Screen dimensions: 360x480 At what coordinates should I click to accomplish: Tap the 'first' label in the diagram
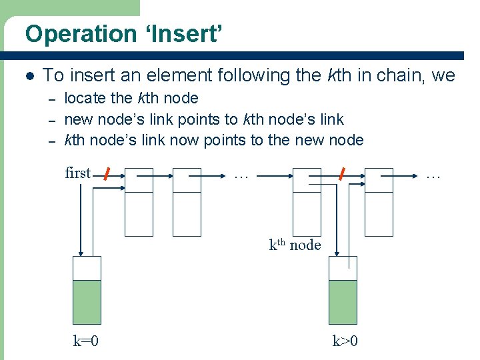click(x=77, y=173)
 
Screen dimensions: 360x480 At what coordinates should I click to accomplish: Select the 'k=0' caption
click(x=86, y=341)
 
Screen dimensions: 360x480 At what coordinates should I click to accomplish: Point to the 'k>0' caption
click(x=345, y=341)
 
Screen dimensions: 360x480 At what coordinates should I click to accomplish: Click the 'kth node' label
click(x=295, y=245)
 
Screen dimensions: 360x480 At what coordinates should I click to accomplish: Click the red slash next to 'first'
click(x=106, y=175)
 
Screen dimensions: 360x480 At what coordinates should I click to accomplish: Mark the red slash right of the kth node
click(x=341, y=175)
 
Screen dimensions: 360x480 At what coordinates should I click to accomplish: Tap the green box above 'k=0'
click(x=86, y=302)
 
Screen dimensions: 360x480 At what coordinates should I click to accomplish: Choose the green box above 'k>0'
click(x=343, y=302)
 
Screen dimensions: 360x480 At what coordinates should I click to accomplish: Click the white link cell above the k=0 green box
click(x=86, y=268)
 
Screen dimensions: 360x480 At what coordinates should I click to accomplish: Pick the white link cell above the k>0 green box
click(x=343, y=268)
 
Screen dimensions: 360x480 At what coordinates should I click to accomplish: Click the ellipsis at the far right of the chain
click(x=433, y=175)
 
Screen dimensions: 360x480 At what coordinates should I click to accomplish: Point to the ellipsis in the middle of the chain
click(x=241, y=175)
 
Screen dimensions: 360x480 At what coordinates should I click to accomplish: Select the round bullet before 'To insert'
click(x=28, y=76)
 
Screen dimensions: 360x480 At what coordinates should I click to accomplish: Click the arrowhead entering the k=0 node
click(x=81, y=253)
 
